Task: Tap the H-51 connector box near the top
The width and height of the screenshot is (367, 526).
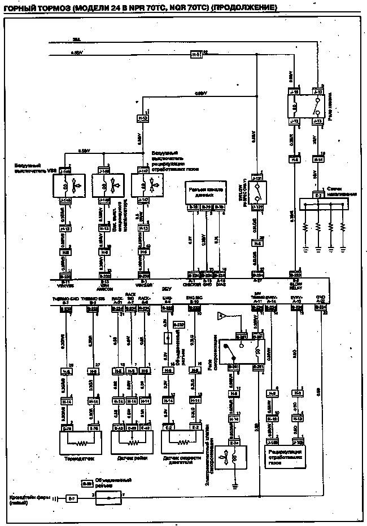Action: (x=195, y=55)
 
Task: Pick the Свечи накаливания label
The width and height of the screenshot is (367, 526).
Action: (x=342, y=191)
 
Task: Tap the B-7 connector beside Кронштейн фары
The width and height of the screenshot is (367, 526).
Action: (x=71, y=498)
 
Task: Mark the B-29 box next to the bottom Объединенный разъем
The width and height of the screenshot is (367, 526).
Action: (x=86, y=484)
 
